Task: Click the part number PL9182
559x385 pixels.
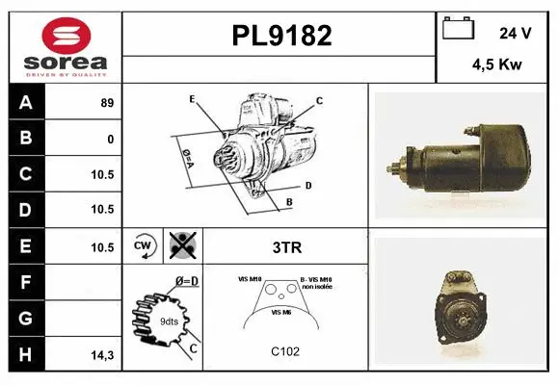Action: point(280,37)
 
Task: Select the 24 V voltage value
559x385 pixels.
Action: point(516,33)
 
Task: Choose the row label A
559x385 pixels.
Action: point(25,102)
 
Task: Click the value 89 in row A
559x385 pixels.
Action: point(107,102)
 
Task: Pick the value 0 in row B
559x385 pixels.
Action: point(111,139)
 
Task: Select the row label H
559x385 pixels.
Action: point(25,354)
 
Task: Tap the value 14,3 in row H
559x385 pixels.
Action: point(103,355)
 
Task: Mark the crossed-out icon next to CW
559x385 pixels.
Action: point(181,246)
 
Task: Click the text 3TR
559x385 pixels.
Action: point(286,247)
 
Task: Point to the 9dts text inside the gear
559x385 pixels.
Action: point(169,322)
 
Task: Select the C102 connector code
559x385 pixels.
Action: point(285,351)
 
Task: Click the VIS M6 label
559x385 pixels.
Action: point(281,313)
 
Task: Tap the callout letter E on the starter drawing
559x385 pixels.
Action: point(192,99)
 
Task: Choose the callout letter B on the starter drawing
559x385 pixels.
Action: point(288,201)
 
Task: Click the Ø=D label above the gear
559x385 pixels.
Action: point(186,281)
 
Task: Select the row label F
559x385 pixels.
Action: point(25,283)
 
